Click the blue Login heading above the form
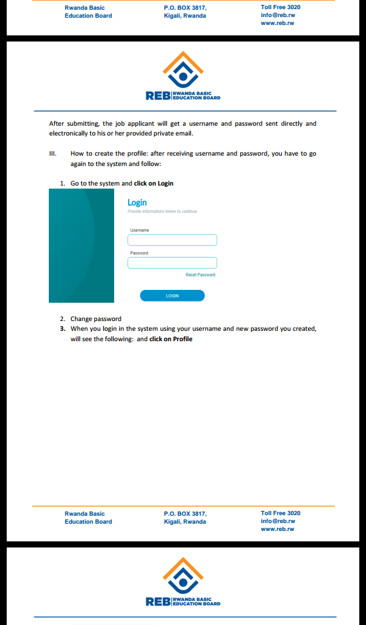point(137,203)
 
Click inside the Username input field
point(172,240)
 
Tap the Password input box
point(172,263)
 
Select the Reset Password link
point(200,275)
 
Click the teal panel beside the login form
point(81,245)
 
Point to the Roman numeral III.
point(53,154)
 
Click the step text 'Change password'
point(96,319)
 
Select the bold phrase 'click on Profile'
point(171,339)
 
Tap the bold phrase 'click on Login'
point(154,183)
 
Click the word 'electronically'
point(69,134)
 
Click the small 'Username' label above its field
point(139,230)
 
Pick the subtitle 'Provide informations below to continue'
point(162,212)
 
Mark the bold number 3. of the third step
point(62,329)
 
